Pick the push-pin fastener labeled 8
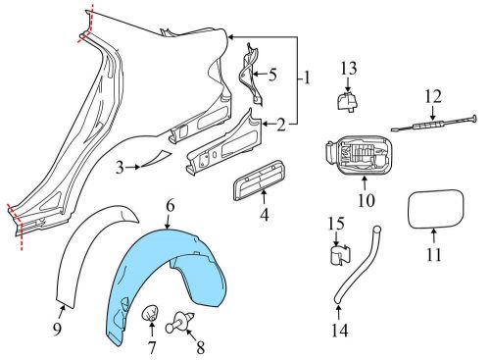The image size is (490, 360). pos(182,319)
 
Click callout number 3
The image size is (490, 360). pos(122,168)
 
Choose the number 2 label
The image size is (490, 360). pos(281,125)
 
